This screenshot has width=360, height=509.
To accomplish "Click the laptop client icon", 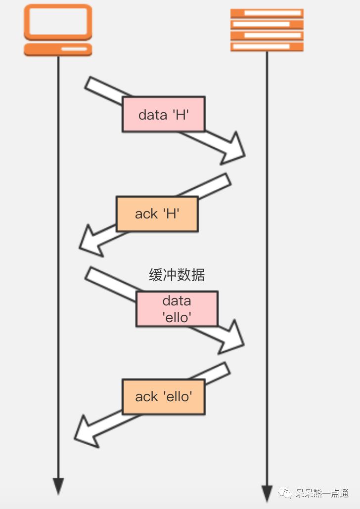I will click(58, 30).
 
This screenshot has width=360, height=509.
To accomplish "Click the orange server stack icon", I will click(267, 30).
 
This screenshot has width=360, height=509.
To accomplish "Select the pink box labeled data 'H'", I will click(164, 114).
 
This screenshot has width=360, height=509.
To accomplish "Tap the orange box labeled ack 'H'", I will click(157, 214).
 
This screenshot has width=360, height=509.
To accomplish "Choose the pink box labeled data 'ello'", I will click(177, 309).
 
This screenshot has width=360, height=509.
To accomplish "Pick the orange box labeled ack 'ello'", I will click(163, 396).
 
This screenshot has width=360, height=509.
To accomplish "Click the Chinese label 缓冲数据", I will click(177, 275).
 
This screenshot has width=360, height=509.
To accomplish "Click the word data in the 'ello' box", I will click(177, 301).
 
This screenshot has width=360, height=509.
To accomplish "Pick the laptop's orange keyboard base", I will click(58, 49).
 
